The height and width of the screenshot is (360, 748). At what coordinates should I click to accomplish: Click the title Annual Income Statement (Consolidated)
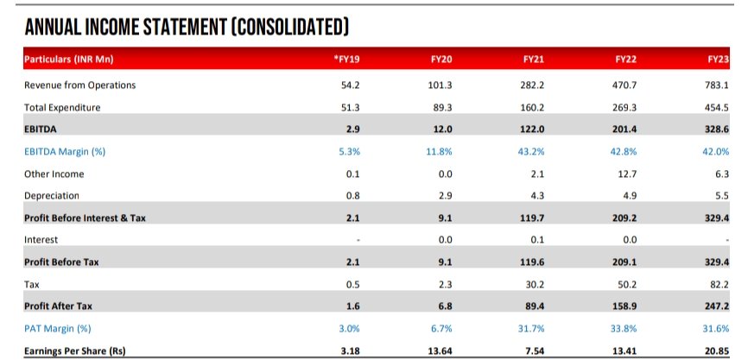(186, 26)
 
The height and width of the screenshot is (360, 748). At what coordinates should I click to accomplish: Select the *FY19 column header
(346, 60)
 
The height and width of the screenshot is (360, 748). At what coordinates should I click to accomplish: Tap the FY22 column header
(625, 60)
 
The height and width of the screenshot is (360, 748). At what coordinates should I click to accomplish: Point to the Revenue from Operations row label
(79, 85)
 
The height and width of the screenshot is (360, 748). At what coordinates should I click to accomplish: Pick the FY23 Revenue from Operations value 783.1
(717, 85)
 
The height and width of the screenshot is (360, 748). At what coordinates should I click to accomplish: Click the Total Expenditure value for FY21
(533, 107)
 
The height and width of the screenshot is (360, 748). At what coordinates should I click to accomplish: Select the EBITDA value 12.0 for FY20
(441, 129)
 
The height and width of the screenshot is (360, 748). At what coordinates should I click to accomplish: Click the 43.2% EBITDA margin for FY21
(533, 152)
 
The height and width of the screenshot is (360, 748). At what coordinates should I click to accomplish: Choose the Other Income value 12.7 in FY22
(626, 174)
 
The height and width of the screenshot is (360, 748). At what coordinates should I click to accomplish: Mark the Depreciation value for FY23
(721, 196)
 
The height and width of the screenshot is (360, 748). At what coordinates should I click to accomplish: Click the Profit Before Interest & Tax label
(85, 218)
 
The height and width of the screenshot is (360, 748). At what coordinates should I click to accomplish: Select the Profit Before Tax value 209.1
(625, 262)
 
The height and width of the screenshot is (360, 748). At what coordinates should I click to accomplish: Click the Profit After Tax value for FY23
(717, 306)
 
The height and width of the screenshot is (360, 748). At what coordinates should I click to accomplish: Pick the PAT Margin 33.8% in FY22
(625, 329)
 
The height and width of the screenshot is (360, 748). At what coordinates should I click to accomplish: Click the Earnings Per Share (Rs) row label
(74, 351)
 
